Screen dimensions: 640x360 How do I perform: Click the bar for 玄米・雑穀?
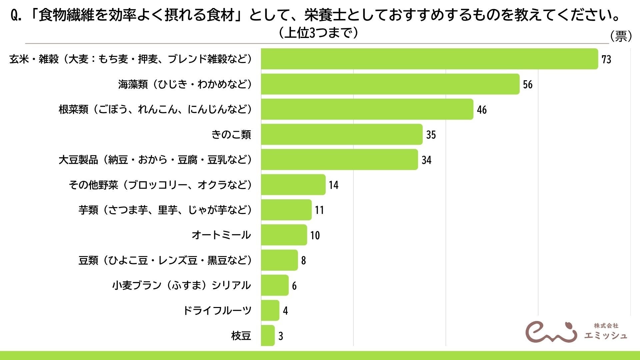(430, 59)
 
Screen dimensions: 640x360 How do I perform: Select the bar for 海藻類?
(390, 84)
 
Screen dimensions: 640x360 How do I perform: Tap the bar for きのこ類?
(342, 134)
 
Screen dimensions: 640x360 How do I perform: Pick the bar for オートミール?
(284, 235)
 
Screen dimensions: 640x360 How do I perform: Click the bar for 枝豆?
(268, 336)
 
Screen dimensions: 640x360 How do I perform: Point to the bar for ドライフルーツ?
(270, 310)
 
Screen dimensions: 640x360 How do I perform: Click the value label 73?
(606, 59)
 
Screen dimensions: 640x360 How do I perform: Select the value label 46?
(482, 110)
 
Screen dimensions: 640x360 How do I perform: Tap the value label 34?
(426, 160)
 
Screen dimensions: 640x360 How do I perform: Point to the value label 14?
(334, 185)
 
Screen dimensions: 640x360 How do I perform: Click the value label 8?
(303, 260)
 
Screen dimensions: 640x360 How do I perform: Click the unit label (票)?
(621, 36)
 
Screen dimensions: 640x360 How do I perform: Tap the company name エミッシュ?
(606, 335)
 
